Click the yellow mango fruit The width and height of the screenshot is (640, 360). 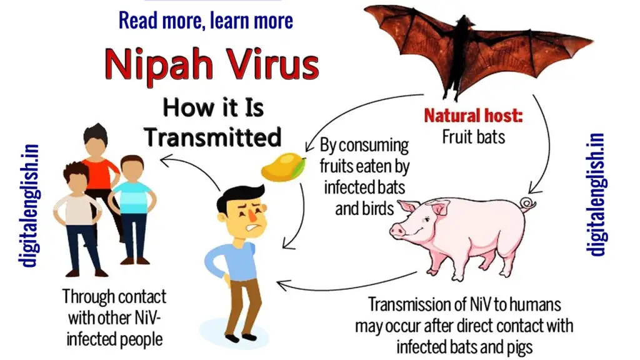[283, 166]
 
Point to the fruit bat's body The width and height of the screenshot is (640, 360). [461, 53]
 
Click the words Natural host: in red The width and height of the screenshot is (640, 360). [473, 116]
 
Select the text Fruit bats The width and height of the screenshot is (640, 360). [474, 137]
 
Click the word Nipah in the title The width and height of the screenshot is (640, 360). [159, 65]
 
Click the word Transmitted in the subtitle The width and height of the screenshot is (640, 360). [212, 137]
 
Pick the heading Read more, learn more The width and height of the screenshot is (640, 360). [206, 21]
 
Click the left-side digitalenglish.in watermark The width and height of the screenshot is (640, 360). [29, 206]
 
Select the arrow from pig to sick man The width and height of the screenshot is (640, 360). [347, 286]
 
